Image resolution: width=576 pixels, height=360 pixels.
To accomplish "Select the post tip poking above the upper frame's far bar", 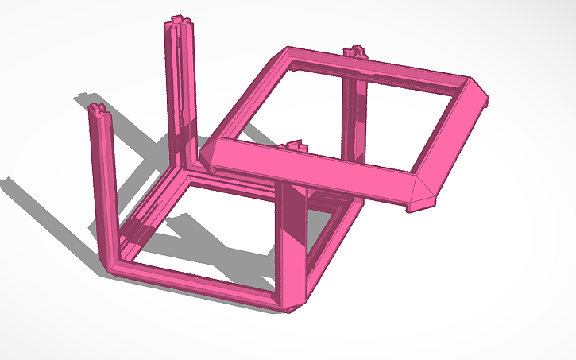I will coord(354,54).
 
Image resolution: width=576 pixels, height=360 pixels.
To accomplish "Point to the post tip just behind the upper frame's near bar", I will coord(296,146).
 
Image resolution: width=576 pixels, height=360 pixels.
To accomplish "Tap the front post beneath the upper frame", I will coord(292,238).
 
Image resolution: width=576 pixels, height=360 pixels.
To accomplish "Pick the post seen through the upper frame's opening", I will coord(354,119).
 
